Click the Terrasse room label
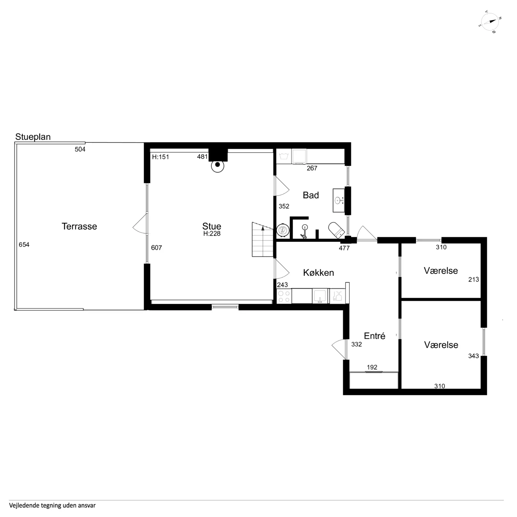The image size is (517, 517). coord(79,226)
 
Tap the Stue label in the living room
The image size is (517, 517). coord(212,226)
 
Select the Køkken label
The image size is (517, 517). coord(319,273)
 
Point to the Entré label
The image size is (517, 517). coord(375,336)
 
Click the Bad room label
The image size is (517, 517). coord(311,195)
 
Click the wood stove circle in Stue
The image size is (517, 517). coord(218,166)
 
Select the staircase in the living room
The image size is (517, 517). coord(263,239)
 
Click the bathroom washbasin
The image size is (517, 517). coord(339,200)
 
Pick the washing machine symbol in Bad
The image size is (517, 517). coord(284,156)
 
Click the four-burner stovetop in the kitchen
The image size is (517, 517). coord(284,296)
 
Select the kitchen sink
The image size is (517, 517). coord(320,296)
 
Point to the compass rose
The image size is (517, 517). coord(490,22)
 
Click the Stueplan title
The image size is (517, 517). coord(33,137)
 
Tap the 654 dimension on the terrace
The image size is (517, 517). coord(24,245)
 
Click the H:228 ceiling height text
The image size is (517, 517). coord(212,234)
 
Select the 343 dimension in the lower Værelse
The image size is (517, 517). coord(473,356)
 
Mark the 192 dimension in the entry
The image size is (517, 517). coord(372,367)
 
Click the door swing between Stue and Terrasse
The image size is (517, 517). coord(140,224)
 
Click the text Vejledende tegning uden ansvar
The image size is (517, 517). coord(52,505)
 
